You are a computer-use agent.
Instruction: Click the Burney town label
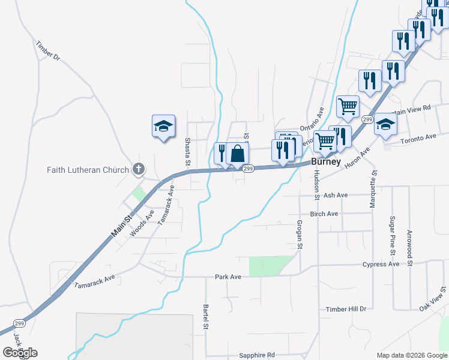pos(326,162)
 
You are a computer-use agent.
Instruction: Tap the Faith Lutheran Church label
pos(88,170)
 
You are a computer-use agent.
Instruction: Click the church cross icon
pos(139,169)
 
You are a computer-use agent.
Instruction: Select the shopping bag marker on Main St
pos(238,153)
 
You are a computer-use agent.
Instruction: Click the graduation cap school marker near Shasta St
pos(163,126)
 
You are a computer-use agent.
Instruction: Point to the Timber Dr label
pos(48,50)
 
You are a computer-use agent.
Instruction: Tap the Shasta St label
pos(188,152)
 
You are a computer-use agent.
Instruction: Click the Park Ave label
pos(228,277)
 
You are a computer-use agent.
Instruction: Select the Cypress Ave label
pos(381,264)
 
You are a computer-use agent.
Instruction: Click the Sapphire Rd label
pos(256,355)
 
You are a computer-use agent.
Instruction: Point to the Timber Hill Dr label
pos(346,309)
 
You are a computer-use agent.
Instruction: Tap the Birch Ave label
pos(324,214)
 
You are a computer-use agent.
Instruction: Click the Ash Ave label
pos(336,195)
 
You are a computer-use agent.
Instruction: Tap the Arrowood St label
pos(409,247)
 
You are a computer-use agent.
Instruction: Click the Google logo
pos(20,353)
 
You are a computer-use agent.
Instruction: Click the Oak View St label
pos(433,298)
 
